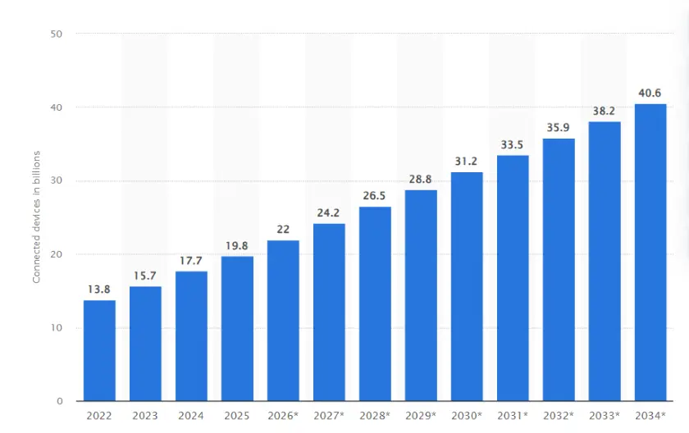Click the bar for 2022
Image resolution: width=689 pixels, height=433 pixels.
click(x=99, y=351)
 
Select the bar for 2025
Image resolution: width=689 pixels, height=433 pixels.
click(x=237, y=329)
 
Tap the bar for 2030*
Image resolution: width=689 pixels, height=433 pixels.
click(x=467, y=287)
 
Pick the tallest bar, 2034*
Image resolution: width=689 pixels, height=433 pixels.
click(x=650, y=253)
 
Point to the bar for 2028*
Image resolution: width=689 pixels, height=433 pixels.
click(x=375, y=304)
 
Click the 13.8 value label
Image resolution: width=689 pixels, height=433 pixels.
click(x=99, y=289)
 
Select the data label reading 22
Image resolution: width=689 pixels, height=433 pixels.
click(x=283, y=230)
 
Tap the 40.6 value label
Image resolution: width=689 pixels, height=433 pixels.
click(x=650, y=93)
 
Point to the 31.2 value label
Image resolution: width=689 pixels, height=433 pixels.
click(x=467, y=162)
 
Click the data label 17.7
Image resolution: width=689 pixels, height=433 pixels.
click(x=191, y=261)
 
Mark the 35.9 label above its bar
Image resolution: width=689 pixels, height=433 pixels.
click(x=559, y=128)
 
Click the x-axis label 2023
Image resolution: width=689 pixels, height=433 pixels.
click(x=145, y=417)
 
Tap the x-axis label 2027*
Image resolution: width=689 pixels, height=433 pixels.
click(x=329, y=417)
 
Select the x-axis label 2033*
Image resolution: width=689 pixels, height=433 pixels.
click(x=605, y=417)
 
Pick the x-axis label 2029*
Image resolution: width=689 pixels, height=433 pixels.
click(x=421, y=417)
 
